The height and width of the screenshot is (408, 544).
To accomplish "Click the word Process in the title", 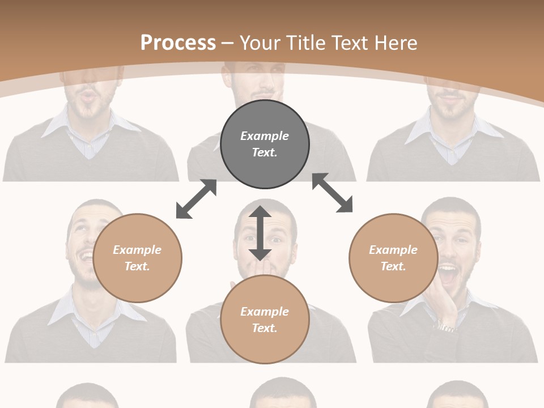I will [x=178, y=43].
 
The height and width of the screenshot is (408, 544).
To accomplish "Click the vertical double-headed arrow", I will [x=260, y=233].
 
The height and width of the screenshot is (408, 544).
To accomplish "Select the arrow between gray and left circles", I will [x=197, y=198].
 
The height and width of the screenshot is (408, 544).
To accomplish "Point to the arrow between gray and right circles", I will [x=333, y=193].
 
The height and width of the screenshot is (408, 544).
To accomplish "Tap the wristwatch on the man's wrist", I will [x=445, y=328].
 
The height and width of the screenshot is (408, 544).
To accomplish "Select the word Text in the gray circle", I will [x=265, y=152].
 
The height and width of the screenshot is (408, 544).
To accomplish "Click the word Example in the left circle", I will [x=137, y=250].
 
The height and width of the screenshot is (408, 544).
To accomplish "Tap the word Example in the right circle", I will [x=393, y=250].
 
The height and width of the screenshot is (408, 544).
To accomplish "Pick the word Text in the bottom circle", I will [x=265, y=328].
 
